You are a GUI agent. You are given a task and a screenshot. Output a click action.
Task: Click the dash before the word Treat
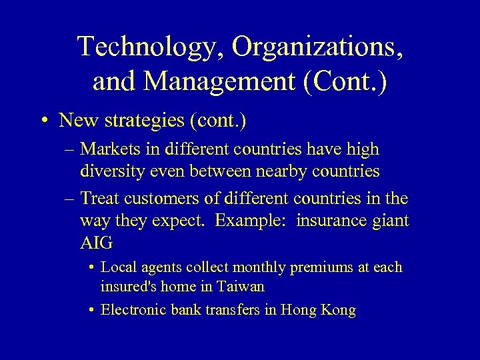(x=69, y=199)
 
